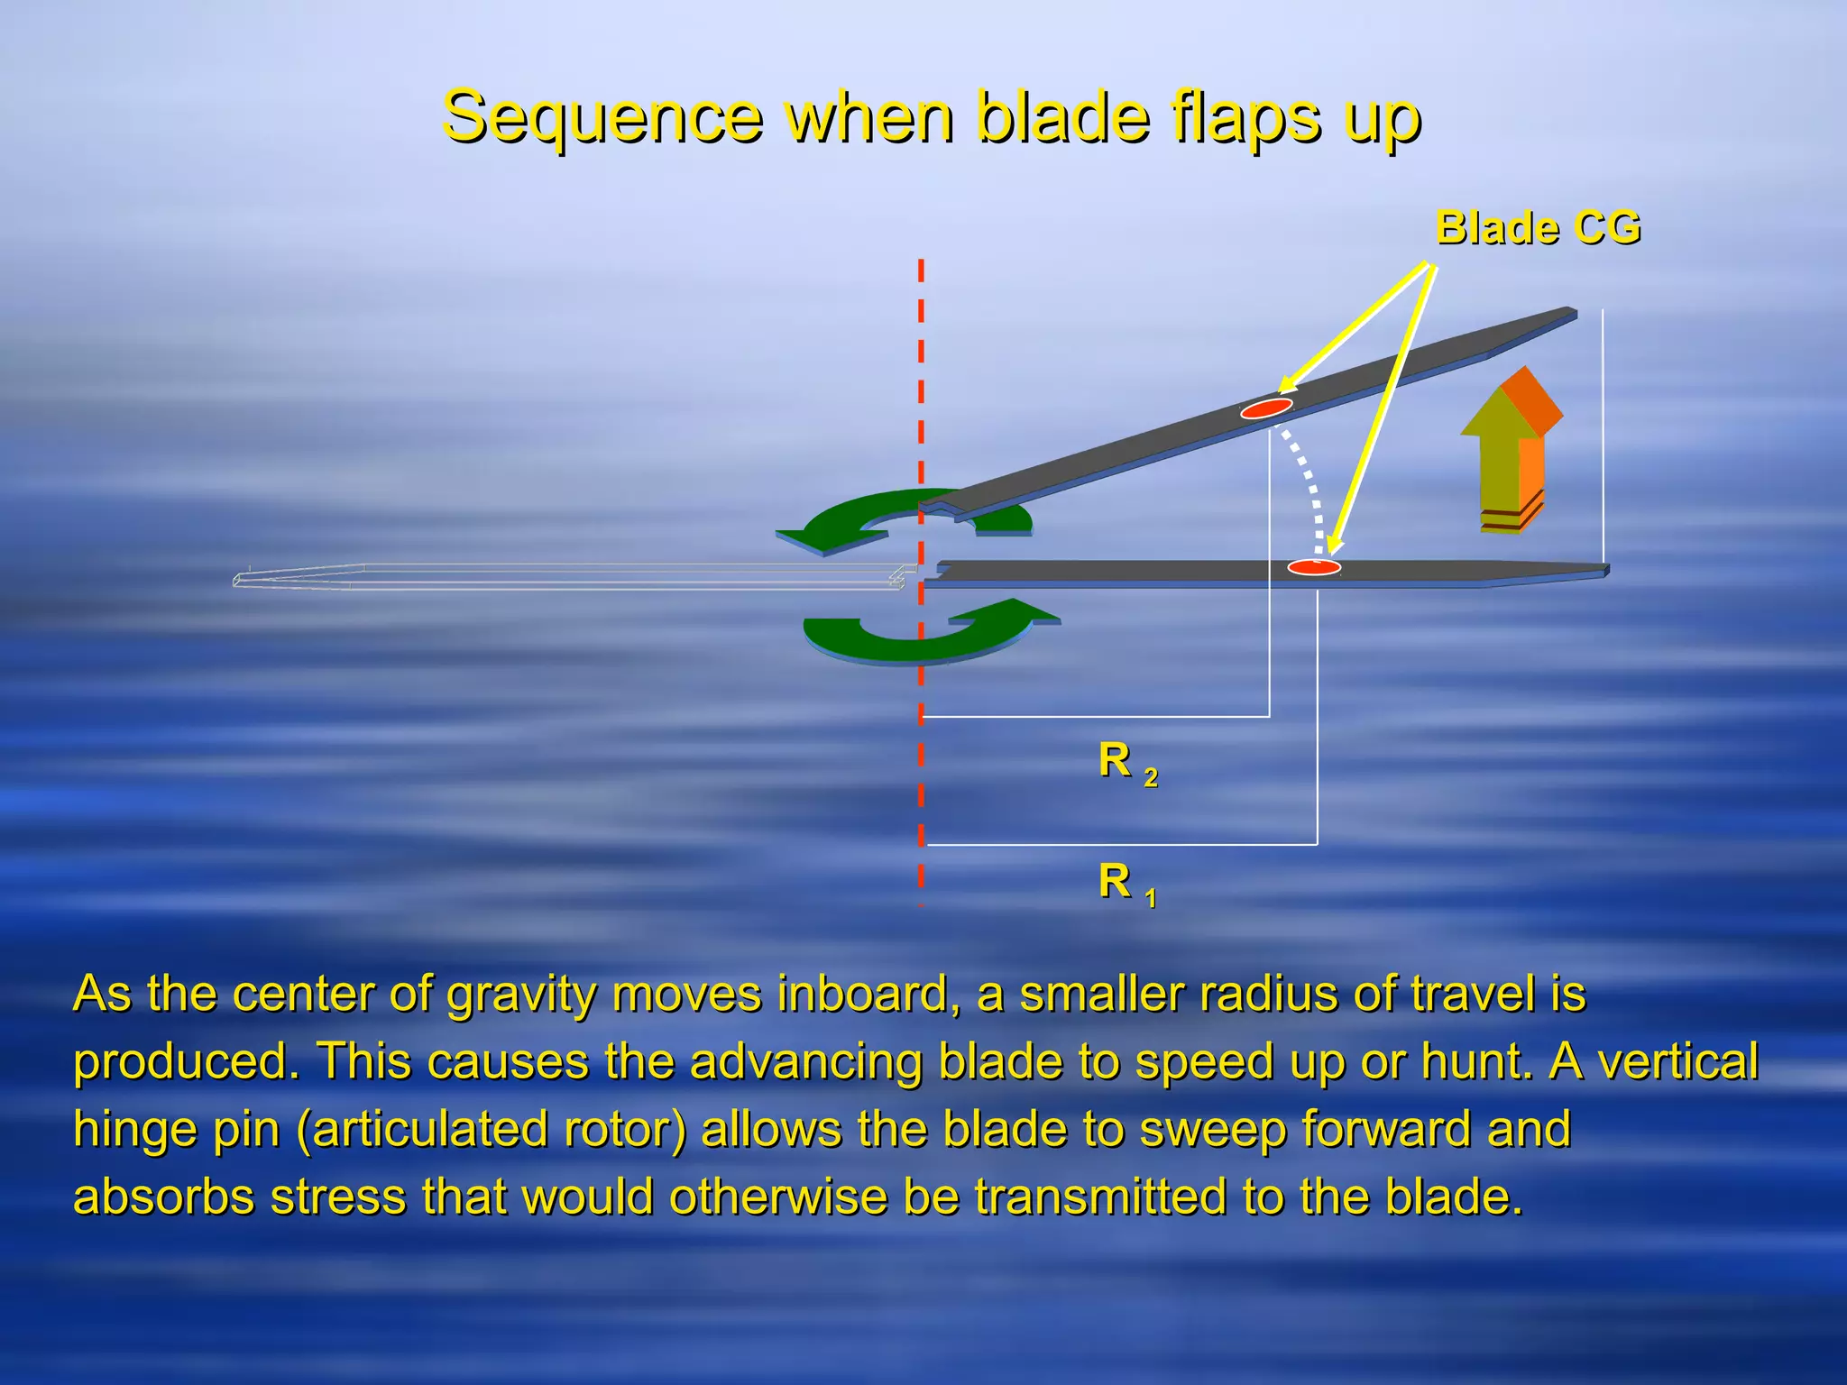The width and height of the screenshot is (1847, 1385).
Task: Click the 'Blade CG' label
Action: (1538, 227)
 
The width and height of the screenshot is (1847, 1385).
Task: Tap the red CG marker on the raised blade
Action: (1266, 408)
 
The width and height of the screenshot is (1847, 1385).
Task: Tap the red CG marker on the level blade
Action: (1313, 567)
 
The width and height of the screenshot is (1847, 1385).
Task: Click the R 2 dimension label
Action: (1126, 763)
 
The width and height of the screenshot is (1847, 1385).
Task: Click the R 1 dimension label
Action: (1126, 883)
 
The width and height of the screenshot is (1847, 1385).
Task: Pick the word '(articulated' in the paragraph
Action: (492, 1129)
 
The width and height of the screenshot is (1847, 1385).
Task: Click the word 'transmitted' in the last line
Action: (1100, 1197)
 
